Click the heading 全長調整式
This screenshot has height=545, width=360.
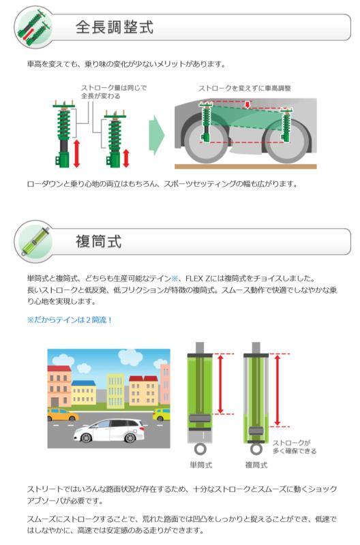115,27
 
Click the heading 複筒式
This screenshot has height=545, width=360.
98,242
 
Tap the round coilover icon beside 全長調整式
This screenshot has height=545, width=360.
34,27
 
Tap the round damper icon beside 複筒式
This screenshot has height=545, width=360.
34,241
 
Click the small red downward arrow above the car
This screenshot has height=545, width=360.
247,105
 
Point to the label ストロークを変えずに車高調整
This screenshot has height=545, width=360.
245,89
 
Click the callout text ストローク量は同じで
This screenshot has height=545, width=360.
114,88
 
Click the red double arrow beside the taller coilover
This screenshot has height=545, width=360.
76,153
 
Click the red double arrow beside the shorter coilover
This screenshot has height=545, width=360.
126,158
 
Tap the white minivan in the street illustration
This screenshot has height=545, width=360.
109,431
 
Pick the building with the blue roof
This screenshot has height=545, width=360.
83,393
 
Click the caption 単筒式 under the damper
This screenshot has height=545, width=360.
200,465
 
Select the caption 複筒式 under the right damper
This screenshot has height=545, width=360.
256,465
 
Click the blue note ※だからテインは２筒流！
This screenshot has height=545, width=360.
70,320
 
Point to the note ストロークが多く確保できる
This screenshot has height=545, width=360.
295,447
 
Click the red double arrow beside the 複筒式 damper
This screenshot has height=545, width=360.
277,390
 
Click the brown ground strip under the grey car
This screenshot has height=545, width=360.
245,167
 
